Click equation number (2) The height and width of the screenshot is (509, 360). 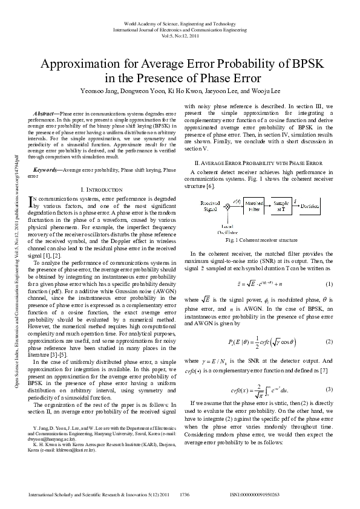pos(329,342)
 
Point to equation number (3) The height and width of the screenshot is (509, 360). pos(329,389)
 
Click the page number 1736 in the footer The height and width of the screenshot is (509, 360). pos(185,494)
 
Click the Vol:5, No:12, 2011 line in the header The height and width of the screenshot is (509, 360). pos(180,36)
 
